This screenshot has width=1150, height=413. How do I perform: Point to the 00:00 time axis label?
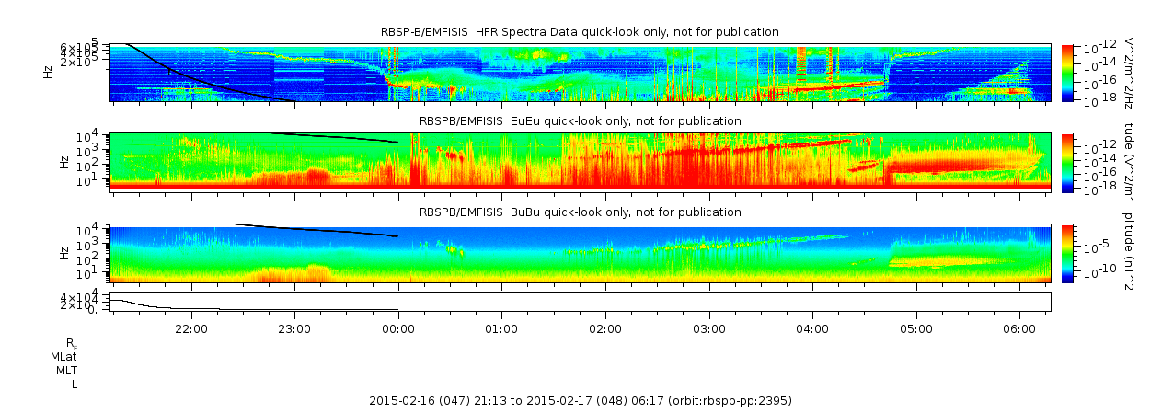pyautogui.click(x=397, y=327)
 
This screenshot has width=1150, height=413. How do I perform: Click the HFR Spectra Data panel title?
pyautogui.click(x=580, y=32)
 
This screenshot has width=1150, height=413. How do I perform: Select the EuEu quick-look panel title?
pyautogui.click(x=580, y=120)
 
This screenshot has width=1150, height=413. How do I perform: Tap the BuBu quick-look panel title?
pyautogui.click(x=580, y=212)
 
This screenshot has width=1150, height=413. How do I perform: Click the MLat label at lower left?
pyautogui.click(x=63, y=356)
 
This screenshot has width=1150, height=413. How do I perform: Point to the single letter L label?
pyautogui.click(x=74, y=384)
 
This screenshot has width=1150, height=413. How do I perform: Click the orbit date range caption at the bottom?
pyautogui.click(x=580, y=401)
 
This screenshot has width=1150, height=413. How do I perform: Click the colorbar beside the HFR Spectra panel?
pyautogui.click(x=1067, y=72)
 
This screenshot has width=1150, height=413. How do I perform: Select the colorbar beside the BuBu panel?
pyautogui.click(x=1067, y=253)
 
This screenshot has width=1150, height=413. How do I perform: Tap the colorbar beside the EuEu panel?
pyautogui.click(x=1067, y=162)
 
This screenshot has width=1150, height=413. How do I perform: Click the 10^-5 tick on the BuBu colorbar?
pyautogui.click(x=1094, y=247)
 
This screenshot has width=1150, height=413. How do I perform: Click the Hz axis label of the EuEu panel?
pyautogui.click(x=63, y=162)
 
